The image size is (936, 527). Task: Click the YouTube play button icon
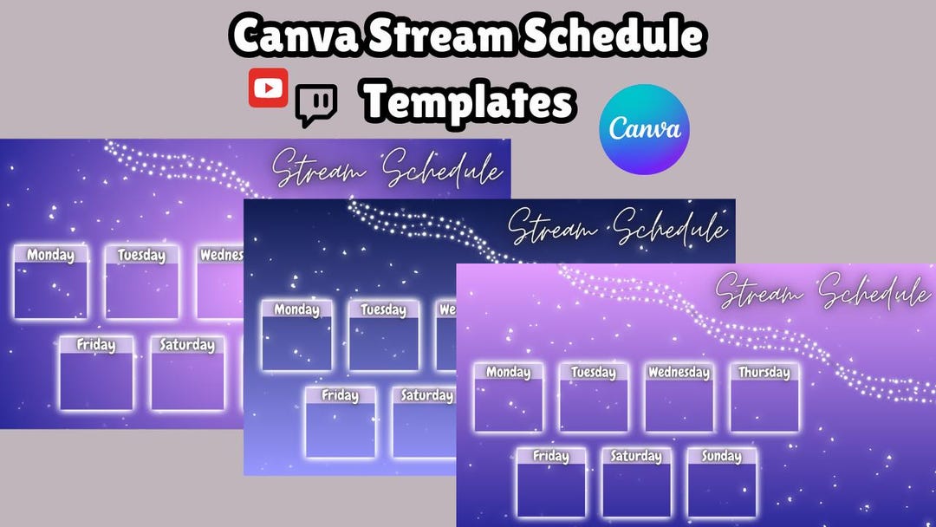coord(268,88)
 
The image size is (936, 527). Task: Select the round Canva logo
coord(644,129)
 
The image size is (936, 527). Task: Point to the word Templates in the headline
coord(468,102)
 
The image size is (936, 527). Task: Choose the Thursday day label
coord(764,373)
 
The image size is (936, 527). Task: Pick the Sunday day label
coord(722,456)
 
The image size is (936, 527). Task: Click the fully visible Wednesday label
coord(679,373)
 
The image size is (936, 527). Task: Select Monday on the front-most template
coord(508,373)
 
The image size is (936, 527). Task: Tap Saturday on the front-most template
coord(636,456)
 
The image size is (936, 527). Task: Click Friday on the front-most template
coord(551,456)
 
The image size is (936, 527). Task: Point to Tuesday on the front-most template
coord(593,373)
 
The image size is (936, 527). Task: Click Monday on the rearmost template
coord(50,255)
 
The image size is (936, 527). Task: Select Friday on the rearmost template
coord(95,345)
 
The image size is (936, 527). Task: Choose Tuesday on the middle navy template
coord(383,309)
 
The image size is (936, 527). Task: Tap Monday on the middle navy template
coord(296,309)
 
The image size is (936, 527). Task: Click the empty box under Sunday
coord(722,491)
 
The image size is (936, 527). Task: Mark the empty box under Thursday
coord(764,406)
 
